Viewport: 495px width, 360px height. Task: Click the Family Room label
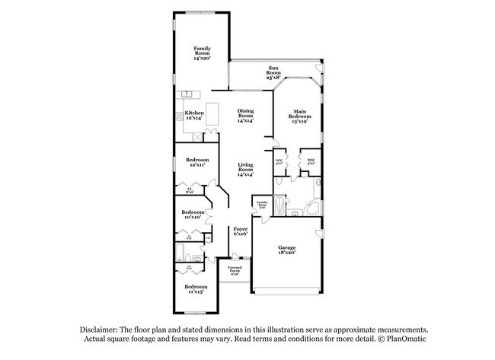[x=201, y=53]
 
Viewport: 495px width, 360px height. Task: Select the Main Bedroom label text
[x=301, y=117]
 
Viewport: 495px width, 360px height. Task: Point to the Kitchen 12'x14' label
[x=194, y=114]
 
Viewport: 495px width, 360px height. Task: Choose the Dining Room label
[x=245, y=116]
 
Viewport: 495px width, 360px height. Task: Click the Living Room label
[x=245, y=168]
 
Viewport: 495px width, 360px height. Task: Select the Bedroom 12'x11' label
[x=197, y=162]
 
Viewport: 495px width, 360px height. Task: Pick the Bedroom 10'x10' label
[x=193, y=215]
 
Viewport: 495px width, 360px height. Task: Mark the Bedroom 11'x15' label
[x=196, y=288]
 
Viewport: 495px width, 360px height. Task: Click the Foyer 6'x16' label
[x=241, y=231]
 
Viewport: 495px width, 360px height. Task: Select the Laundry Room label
[x=262, y=204]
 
